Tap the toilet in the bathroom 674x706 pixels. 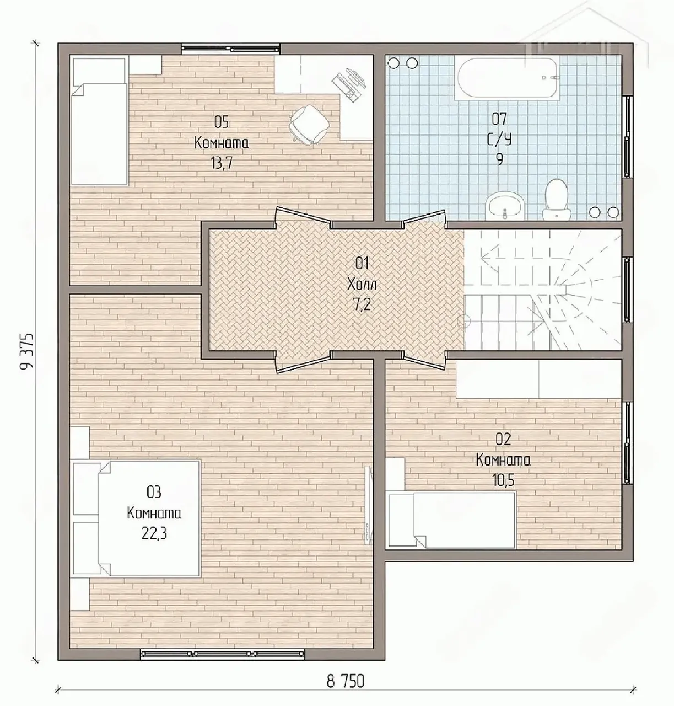556,200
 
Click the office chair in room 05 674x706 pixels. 309,125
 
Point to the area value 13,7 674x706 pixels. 221,164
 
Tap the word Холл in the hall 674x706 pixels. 362,284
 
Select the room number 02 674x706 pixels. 503,440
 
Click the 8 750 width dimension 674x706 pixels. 346,681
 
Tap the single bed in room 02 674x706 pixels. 452,520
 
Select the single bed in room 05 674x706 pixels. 99,121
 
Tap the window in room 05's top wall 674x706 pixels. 231,49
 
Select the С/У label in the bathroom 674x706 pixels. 500,139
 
